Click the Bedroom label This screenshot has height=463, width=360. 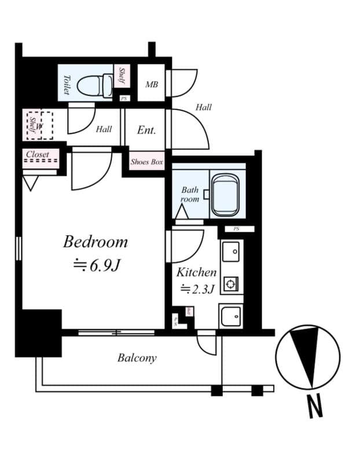95,242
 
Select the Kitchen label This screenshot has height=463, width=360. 196,272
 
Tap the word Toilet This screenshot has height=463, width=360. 67,84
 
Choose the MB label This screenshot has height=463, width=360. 152,84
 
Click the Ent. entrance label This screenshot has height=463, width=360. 146,130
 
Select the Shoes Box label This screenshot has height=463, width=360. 147,162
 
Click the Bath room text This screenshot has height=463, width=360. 190,194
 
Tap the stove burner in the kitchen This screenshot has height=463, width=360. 232,284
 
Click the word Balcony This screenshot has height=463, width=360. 137,358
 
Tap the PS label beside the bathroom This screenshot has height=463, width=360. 236,229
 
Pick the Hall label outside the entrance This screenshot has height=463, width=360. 203,107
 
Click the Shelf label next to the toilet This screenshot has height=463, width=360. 122,76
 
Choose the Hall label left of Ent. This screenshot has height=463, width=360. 104,129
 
